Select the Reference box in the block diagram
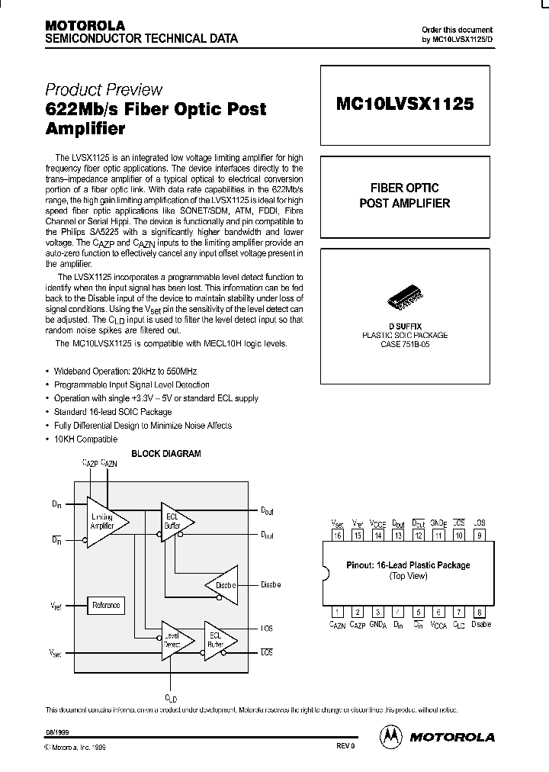(x=106, y=605)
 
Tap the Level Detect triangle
(x=174, y=639)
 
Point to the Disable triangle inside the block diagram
(x=221, y=585)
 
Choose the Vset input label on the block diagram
(x=56, y=654)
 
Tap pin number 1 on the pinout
(x=336, y=612)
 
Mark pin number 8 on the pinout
(x=479, y=612)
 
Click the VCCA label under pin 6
(x=438, y=625)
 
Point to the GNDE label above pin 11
(x=438, y=523)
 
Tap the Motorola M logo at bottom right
(x=390, y=736)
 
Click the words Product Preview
(x=104, y=89)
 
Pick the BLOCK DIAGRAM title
(x=166, y=453)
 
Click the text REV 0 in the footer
(x=345, y=747)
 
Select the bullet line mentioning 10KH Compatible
(x=85, y=439)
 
